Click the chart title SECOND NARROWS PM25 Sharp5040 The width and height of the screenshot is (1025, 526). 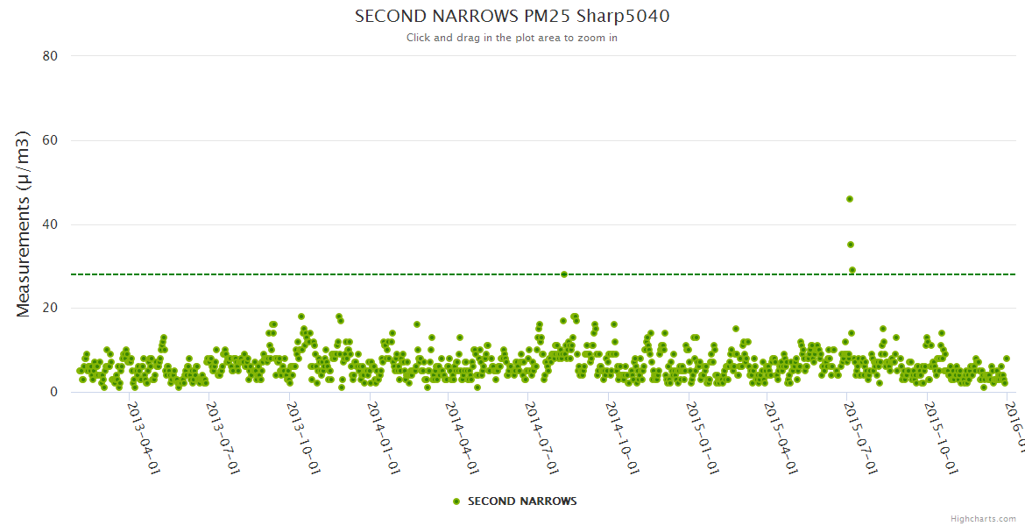pyautogui.click(x=512, y=16)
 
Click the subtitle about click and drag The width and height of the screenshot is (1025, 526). pyautogui.click(x=512, y=38)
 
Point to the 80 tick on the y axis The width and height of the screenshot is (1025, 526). pyautogui.click(x=50, y=56)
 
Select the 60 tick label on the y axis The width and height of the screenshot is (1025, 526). pyautogui.click(x=50, y=140)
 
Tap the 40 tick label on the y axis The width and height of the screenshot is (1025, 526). pyautogui.click(x=50, y=224)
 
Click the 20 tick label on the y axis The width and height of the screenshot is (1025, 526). pyautogui.click(x=50, y=308)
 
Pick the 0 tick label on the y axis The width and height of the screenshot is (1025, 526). pyautogui.click(x=53, y=392)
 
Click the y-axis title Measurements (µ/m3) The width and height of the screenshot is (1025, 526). pyautogui.click(x=24, y=224)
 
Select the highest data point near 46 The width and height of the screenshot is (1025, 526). pyautogui.click(x=850, y=199)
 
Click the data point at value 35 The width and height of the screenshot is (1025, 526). pyautogui.click(x=851, y=245)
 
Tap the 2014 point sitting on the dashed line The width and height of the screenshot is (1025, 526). pyautogui.click(x=564, y=274)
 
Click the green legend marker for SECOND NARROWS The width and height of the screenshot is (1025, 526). pyautogui.click(x=456, y=501)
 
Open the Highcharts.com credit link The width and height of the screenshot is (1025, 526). pyautogui.click(x=983, y=519)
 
